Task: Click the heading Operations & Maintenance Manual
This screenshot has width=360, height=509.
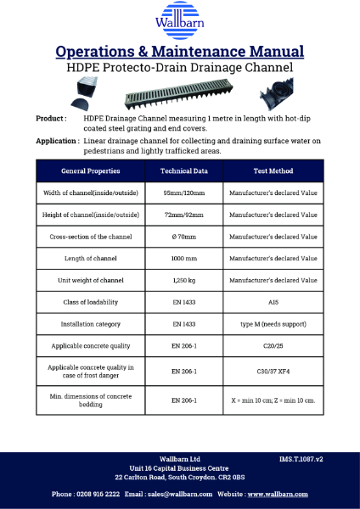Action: pyautogui.click(x=180, y=52)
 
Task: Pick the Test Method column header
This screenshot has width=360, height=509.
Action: pyautogui.click(x=273, y=171)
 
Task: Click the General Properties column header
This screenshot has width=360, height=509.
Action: pyautogui.click(x=91, y=171)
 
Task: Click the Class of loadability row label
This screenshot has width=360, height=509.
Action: pyautogui.click(x=91, y=302)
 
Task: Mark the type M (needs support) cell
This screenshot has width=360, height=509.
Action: pyautogui.click(x=273, y=324)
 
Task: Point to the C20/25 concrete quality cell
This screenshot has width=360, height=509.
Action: pyautogui.click(x=273, y=346)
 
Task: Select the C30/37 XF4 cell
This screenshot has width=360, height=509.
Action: pyautogui.click(x=273, y=372)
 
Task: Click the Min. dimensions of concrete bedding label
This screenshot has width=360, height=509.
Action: pyautogui.click(x=91, y=400)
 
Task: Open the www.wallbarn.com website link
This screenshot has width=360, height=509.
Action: pyautogui.click(x=278, y=494)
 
